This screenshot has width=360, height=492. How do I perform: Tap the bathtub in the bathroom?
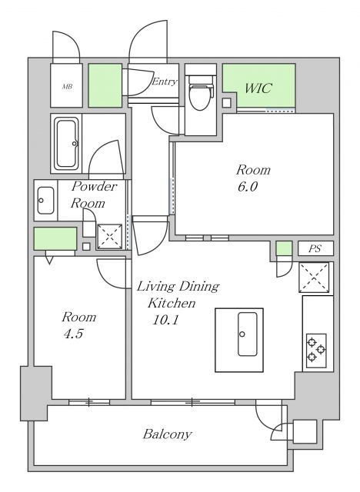pos(66,144)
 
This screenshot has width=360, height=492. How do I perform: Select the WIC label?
pos(258,88)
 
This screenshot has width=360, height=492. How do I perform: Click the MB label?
pos(67,86)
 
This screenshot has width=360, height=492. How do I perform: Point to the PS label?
pos(315,248)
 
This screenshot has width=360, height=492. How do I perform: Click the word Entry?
pos(165,82)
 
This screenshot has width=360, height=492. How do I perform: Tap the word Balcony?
pos(167,434)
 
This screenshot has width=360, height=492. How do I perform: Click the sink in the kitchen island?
pos(248,334)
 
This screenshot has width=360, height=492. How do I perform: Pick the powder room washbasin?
pos(46,201)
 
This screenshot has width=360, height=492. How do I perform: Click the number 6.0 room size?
pos(248,187)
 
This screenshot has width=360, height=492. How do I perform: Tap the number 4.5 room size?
pos(73,334)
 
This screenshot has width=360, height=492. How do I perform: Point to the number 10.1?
pos(165,320)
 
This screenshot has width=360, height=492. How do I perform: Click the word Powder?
pos(94,186)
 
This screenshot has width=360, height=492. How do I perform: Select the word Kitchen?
pos(172,303)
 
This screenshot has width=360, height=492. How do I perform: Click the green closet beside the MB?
pos(105,85)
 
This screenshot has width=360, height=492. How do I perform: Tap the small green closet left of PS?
pos(285,248)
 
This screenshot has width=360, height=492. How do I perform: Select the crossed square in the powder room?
pos(109,237)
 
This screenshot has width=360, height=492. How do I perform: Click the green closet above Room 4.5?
pos(55,238)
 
